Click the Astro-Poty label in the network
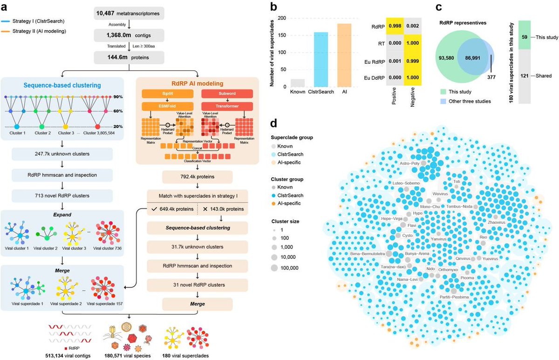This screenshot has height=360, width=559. tap(410, 163)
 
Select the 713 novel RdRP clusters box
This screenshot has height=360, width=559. tap(62, 196)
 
